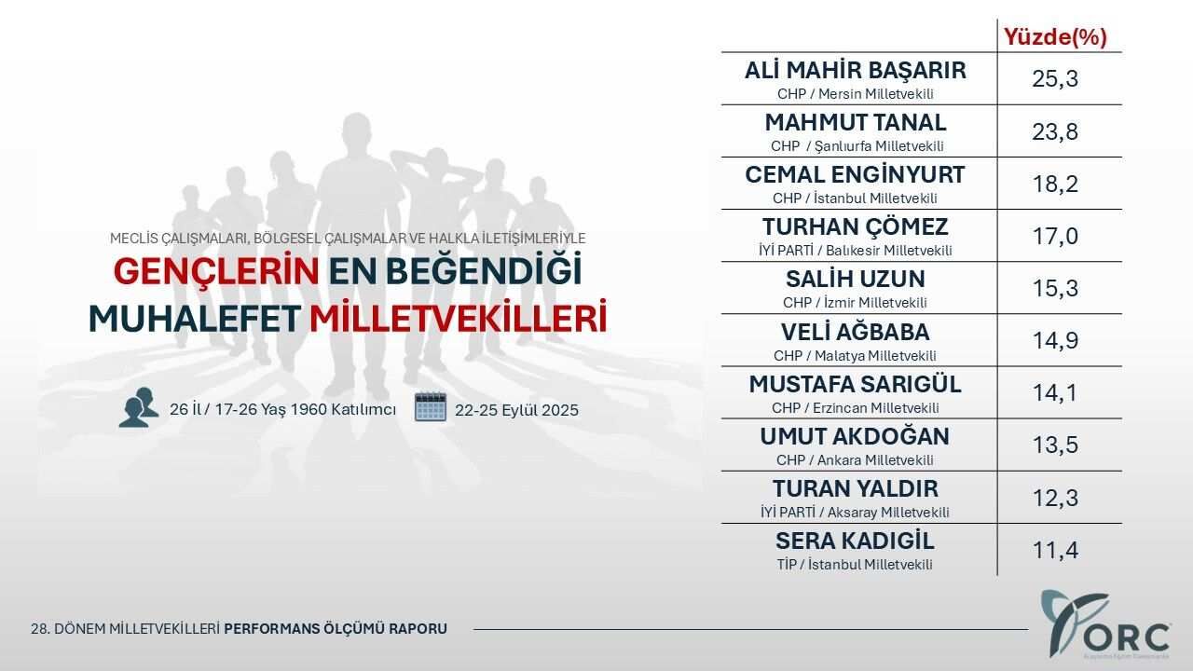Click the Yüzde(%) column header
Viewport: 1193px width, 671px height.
tap(1055, 37)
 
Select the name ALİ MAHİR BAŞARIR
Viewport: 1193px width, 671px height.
tap(856, 70)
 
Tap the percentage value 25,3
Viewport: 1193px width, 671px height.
tap(1055, 79)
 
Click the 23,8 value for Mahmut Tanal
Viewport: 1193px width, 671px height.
tap(1055, 131)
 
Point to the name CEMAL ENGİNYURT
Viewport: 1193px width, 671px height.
tap(855, 174)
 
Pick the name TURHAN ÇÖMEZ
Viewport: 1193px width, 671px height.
tap(856, 226)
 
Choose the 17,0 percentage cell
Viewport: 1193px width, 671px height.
tap(1055, 236)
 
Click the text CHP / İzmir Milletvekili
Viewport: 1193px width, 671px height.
tap(855, 303)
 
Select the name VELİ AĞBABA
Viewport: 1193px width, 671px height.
tap(856, 332)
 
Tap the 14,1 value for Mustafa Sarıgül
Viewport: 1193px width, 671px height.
tap(1055, 392)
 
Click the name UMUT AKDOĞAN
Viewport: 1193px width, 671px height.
tap(855, 436)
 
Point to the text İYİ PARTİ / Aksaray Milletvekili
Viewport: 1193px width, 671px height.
tap(855, 513)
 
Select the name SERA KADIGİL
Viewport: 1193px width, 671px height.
tap(855, 541)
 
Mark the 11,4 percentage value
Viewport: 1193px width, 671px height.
tap(1055, 550)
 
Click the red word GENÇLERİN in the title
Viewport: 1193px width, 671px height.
tap(216, 271)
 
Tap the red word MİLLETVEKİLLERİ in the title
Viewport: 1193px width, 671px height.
tap(459, 319)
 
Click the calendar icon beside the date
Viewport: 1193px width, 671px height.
tap(431, 407)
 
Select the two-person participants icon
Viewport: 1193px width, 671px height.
tap(139, 407)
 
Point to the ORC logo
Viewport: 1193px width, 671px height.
tap(1105, 624)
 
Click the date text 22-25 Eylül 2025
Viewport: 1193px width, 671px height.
tap(516, 410)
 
